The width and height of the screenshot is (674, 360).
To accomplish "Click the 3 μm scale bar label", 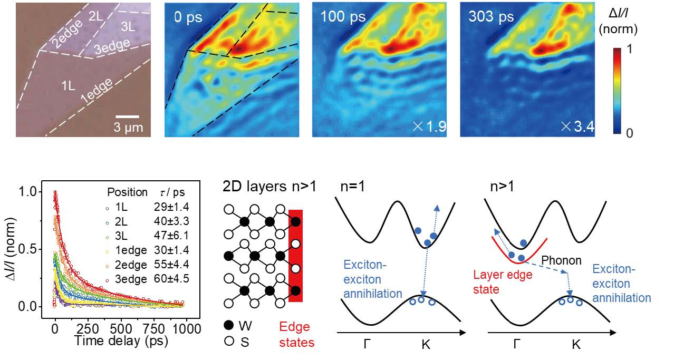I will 128,127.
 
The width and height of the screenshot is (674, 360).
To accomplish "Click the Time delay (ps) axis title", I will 121,342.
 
